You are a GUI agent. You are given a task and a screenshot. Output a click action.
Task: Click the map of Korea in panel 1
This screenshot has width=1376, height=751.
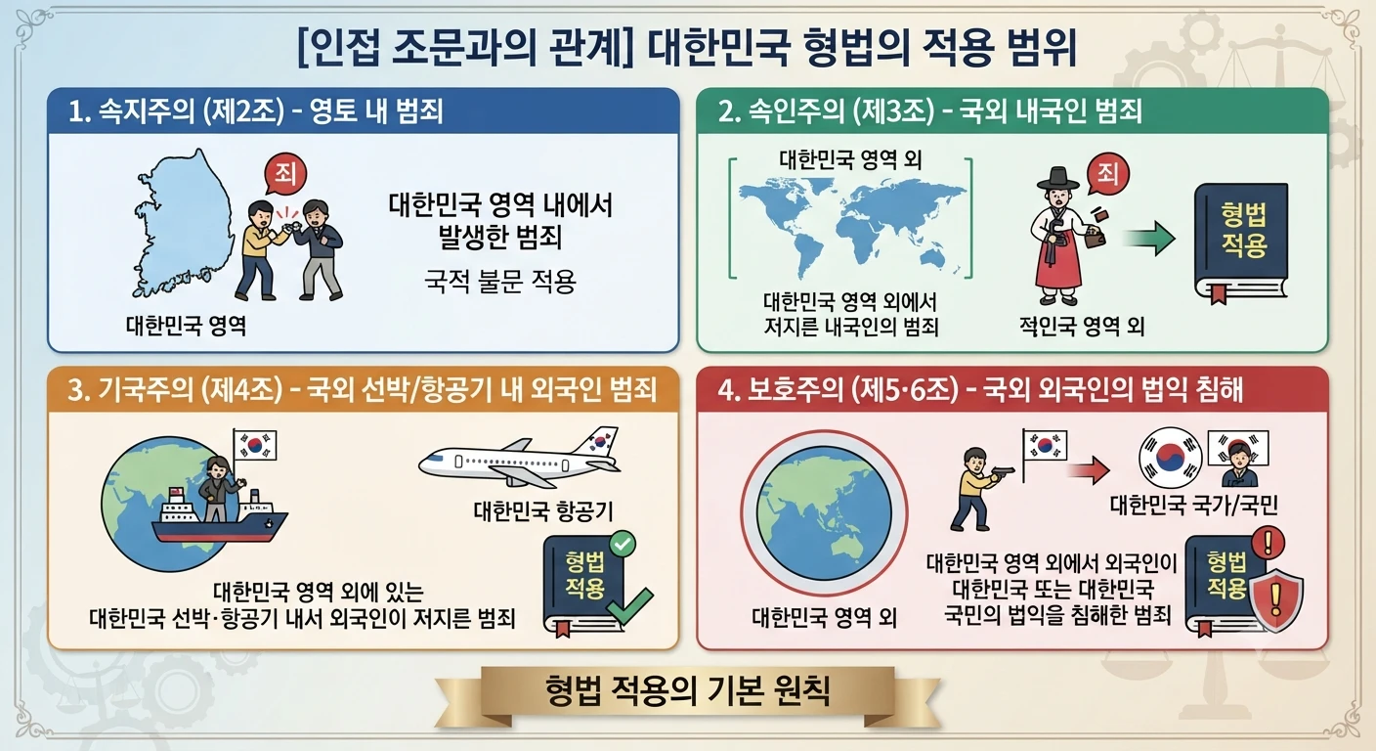[x=185, y=224]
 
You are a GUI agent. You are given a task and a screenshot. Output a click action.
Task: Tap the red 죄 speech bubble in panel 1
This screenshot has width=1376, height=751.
[x=285, y=174]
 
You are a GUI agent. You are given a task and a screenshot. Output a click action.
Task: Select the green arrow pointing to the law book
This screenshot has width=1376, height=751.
[x=1148, y=238]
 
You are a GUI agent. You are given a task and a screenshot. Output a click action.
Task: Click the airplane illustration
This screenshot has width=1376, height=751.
[x=519, y=458]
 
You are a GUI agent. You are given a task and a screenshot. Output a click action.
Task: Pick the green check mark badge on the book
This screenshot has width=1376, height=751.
[x=623, y=544]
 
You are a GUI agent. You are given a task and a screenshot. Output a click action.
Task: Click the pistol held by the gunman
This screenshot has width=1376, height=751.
[x=1002, y=472]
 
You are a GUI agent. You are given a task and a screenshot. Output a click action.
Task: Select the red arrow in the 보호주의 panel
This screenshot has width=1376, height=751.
[x=1089, y=470]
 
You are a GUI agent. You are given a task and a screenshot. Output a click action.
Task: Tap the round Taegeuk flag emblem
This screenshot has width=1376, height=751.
[x=1170, y=458]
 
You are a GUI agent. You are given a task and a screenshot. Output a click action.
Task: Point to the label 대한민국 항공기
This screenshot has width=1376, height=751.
[x=543, y=510]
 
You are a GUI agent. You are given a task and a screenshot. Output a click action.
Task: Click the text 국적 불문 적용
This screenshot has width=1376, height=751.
[x=500, y=282]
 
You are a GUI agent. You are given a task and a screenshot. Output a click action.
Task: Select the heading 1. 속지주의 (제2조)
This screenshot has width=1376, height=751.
[x=176, y=111]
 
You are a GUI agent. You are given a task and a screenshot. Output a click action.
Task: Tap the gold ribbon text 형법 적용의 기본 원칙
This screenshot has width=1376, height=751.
[x=687, y=690]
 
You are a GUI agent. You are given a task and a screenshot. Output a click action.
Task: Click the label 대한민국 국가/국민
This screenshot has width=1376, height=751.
[x=1193, y=506]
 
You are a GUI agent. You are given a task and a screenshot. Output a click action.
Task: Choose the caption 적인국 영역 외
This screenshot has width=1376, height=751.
[x=1082, y=326]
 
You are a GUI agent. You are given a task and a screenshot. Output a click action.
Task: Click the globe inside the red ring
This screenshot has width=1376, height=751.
[x=823, y=513]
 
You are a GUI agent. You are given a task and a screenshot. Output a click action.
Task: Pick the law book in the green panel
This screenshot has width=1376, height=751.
[x=1241, y=243]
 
